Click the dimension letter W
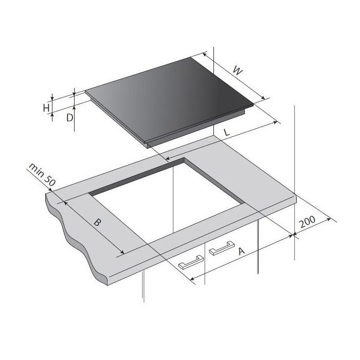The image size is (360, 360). pos(238,70)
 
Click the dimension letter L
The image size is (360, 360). pos(227,132)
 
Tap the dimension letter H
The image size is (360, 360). pos(46,107)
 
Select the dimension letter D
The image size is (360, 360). pos(69,118)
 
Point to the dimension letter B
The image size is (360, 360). pos(97,222)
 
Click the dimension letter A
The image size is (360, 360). pos(241,251)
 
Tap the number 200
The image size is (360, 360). pos(307,222)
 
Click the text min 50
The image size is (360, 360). pos(42,174)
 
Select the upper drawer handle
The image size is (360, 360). pos(222,248)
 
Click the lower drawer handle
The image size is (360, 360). pos(191,262)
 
